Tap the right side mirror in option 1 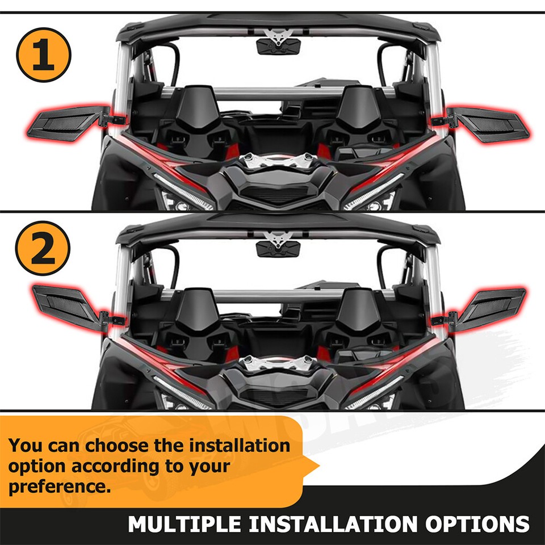pos(488,123)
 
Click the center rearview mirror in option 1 pos(277,45)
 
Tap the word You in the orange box pos(26,445)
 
